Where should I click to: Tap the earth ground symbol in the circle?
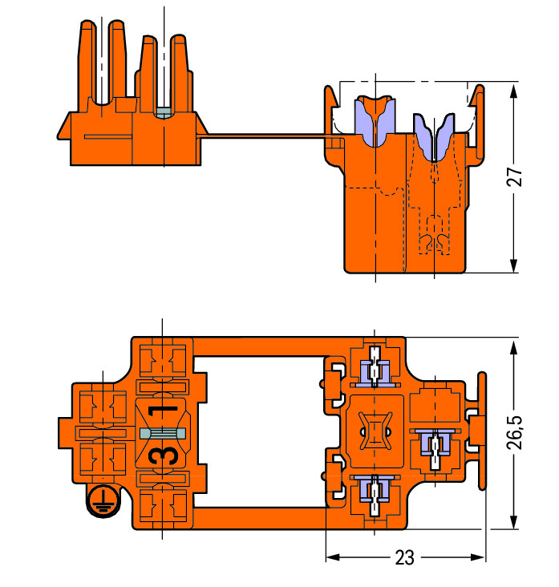(100, 499)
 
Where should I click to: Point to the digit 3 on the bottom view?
(163, 455)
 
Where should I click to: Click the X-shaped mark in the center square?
(374, 432)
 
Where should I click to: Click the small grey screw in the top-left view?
(164, 112)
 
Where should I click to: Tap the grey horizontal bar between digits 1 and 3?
(164, 434)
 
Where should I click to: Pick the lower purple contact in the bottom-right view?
(375, 488)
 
